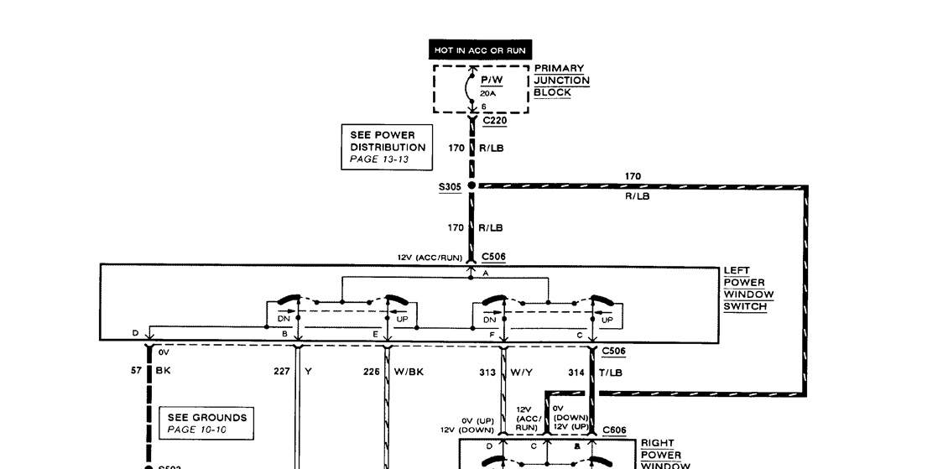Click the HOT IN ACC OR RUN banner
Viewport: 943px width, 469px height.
click(x=480, y=50)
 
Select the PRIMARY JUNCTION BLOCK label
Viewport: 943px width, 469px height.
click(x=561, y=81)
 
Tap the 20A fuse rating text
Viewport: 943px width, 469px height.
click(x=489, y=93)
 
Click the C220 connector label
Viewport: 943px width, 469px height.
click(x=495, y=121)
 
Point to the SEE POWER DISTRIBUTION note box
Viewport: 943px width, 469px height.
click(x=388, y=147)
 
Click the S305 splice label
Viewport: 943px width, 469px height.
click(x=451, y=188)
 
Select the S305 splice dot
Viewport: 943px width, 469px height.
click(x=471, y=185)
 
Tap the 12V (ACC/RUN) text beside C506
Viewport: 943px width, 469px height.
click(x=430, y=258)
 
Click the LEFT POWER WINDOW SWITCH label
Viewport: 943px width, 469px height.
click(x=748, y=289)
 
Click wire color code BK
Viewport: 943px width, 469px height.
click(x=163, y=372)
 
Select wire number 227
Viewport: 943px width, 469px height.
click(x=283, y=372)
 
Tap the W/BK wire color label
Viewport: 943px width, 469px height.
click(x=410, y=372)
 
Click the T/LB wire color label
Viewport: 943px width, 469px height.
click(x=611, y=372)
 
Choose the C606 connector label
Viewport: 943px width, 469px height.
click(x=614, y=430)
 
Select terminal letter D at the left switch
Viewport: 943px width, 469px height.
click(x=135, y=333)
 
